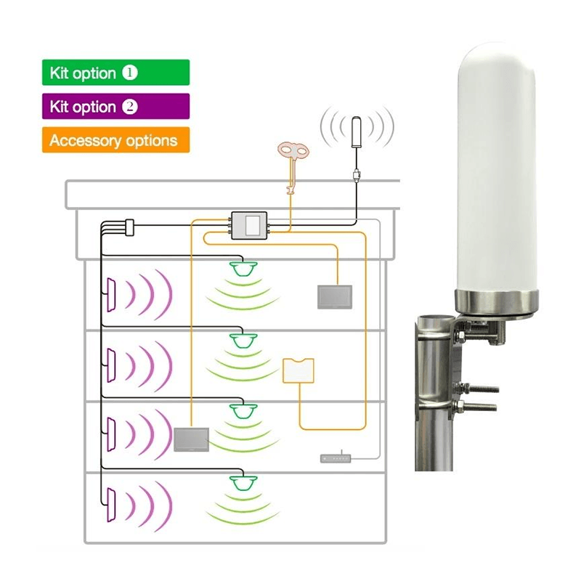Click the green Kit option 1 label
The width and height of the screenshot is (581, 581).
click(x=115, y=73)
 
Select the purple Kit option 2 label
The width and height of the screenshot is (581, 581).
click(x=115, y=106)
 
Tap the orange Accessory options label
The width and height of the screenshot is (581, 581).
click(x=115, y=140)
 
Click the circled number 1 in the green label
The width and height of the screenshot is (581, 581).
click(x=130, y=73)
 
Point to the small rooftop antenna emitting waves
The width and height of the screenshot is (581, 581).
click(x=356, y=133)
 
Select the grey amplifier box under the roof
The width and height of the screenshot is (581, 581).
click(x=249, y=225)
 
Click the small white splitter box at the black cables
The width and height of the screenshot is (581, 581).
click(x=129, y=227)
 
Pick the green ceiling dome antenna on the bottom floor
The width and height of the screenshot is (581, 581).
click(x=243, y=483)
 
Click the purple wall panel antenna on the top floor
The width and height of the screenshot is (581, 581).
click(x=111, y=295)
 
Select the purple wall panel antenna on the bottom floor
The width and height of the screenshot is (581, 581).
click(x=111, y=505)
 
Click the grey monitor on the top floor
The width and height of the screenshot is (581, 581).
click(x=335, y=297)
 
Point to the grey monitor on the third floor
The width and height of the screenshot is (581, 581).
click(x=192, y=439)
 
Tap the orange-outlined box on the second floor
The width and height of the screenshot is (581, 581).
click(x=298, y=370)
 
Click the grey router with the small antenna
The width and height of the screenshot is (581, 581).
click(x=336, y=458)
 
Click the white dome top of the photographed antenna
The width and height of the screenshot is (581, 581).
click(x=497, y=67)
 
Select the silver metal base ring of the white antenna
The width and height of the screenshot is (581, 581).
click(x=497, y=301)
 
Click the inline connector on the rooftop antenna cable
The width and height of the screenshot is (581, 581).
click(x=357, y=175)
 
